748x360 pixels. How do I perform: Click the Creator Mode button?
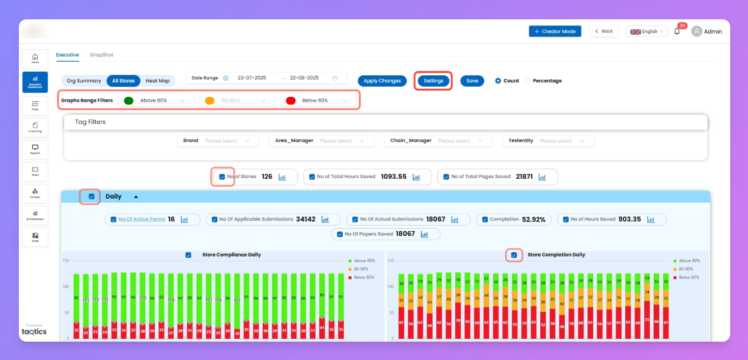click(555, 32)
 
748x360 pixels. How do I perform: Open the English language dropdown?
click(646, 32)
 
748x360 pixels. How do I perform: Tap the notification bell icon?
click(677, 32)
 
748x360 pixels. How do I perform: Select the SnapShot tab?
click(101, 55)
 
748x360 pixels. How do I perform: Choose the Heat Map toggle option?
click(157, 81)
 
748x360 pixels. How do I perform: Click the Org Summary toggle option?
click(84, 81)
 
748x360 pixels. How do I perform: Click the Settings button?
click(433, 81)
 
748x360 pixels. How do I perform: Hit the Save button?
click(472, 81)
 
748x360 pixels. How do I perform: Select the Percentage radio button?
click(528, 81)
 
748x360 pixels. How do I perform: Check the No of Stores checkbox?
click(222, 177)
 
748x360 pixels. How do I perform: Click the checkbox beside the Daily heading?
click(92, 197)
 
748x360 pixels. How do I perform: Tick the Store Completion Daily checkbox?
click(514, 255)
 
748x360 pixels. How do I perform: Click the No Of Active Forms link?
click(142, 219)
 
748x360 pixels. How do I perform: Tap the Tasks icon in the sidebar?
click(35, 105)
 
